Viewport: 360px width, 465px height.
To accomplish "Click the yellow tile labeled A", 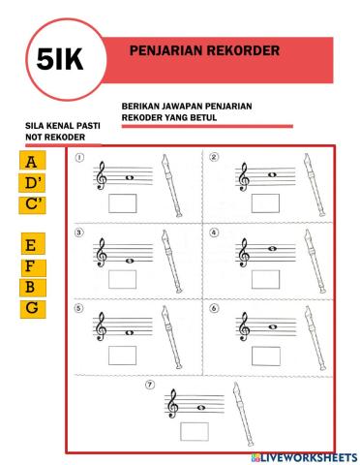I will click(x=33, y=161).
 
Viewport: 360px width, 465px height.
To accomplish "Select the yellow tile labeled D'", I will click(x=33, y=182).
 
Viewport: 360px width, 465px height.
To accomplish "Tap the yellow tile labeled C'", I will click(x=33, y=203).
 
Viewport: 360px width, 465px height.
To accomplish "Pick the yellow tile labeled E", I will click(x=33, y=245).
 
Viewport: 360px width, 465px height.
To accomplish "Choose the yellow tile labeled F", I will click(x=33, y=265).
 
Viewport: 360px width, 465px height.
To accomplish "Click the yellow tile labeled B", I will click(x=33, y=287).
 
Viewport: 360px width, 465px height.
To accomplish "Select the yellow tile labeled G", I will click(x=33, y=308).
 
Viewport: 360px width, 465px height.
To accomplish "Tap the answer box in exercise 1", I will click(x=124, y=202).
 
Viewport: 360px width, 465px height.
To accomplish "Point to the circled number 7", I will click(x=150, y=385).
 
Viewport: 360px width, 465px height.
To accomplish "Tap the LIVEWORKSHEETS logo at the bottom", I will click(x=303, y=456).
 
